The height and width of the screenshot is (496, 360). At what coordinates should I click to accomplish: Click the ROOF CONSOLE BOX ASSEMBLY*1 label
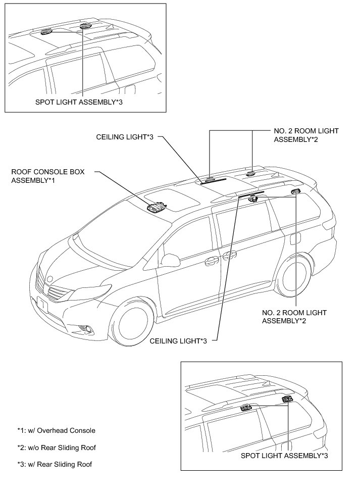[x=48, y=176]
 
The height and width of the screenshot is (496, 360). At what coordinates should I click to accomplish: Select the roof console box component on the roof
[x=156, y=207]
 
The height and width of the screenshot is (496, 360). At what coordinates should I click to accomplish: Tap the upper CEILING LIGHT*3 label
[x=125, y=137]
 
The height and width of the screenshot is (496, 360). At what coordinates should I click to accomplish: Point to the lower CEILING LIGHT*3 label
[x=179, y=341]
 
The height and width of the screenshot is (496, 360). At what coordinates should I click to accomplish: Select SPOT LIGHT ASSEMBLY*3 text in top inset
[x=79, y=102]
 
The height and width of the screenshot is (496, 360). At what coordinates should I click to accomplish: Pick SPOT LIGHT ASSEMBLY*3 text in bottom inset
[x=285, y=456]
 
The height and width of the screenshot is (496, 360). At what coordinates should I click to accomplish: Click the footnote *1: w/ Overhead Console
[x=56, y=431]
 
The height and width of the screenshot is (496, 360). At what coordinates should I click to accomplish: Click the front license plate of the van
[x=42, y=306]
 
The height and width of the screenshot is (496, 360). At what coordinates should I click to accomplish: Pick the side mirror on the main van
[x=170, y=260]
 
